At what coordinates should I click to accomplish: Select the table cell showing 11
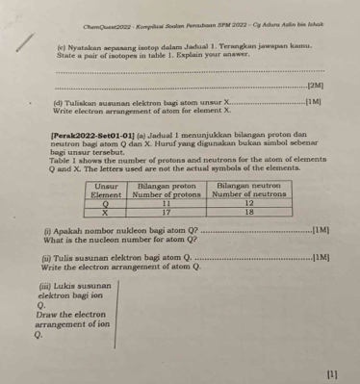pyautogui.click(x=166, y=204)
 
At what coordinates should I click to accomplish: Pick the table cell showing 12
pyautogui.click(x=248, y=204)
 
